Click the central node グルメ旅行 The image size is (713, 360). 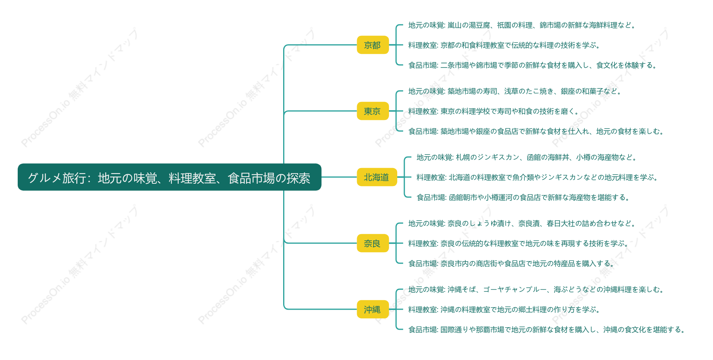(169, 177)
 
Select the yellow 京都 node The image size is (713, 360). (372, 45)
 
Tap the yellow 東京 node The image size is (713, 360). (372, 111)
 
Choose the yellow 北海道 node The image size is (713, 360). (377, 177)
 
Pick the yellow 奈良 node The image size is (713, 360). (372, 243)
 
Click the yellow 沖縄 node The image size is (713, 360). (372, 309)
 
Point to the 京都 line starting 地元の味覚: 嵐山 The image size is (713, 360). (522, 25)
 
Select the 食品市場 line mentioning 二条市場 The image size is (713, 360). (532, 65)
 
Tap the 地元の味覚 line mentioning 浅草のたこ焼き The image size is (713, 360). (515, 91)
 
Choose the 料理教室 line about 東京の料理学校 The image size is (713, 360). (494, 111)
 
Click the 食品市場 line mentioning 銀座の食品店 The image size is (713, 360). (536, 131)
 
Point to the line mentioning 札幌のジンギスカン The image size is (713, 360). (527, 157)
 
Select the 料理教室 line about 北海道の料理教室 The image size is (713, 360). (537, 177)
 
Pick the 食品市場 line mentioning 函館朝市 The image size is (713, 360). (523, 198)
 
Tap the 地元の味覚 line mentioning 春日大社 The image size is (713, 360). (522, 223)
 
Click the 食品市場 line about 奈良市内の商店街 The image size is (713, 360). (511, 264)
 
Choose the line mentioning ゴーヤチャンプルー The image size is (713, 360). (536, 290)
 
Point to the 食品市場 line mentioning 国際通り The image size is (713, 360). (547, 330)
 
